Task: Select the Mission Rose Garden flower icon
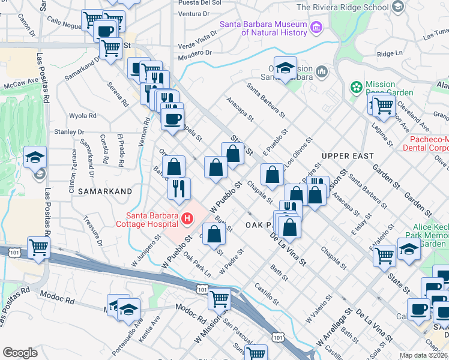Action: coord(357,88)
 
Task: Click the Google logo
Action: coord(20,353)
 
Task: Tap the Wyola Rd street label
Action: coord(83,116)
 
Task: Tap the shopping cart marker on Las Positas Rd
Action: coord(38,247)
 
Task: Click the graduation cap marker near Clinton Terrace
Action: coord(35,157)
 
